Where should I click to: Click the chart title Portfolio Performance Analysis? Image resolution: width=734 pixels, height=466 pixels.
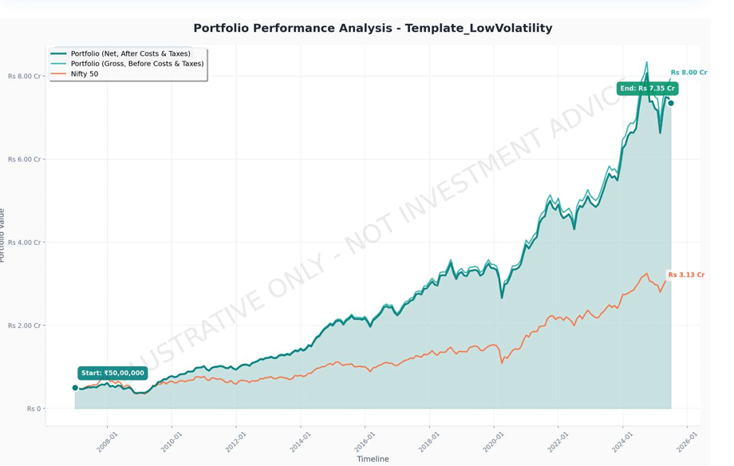(373, 28)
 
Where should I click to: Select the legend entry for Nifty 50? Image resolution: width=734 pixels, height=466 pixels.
(84, 73)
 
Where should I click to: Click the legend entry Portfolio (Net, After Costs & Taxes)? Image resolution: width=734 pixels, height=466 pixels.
(130, 53)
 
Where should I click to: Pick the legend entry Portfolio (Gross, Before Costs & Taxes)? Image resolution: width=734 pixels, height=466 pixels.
(136, 64)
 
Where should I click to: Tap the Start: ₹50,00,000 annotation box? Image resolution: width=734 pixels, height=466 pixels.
(112, 373)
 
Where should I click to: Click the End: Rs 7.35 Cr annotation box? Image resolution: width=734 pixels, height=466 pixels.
(647, 89)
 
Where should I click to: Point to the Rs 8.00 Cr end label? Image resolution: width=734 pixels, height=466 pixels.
(689, 73)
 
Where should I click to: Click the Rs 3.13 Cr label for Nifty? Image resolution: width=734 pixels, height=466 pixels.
(686, 274)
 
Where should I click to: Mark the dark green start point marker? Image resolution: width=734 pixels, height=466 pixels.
(75, 388)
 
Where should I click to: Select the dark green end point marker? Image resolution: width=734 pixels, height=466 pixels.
(671, 103)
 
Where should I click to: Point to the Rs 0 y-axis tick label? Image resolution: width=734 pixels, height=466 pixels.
(33, 409)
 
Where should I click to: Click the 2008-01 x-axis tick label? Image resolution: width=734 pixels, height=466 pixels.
(107, 442)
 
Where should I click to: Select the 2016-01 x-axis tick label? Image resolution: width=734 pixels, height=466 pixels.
(364, 442)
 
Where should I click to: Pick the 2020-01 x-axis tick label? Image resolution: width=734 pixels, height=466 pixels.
(493, 442)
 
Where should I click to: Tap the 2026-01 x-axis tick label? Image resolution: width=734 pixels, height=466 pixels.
(686, 442)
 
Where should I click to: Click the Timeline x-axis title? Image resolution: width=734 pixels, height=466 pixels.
(373, 459)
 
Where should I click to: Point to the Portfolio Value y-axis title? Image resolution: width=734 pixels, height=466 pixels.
(3, 235)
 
